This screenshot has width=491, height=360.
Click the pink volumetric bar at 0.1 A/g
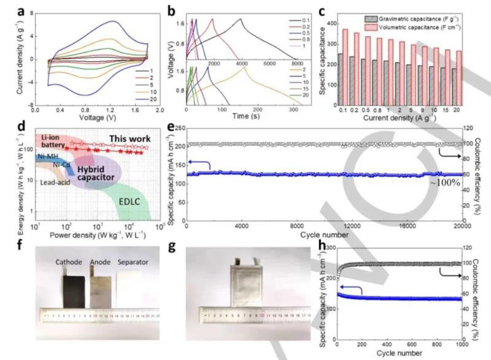click(345, 67)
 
